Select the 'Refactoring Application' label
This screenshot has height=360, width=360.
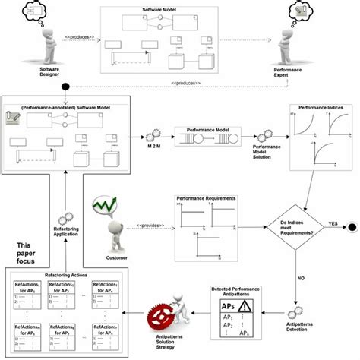(x=68, y=239)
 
